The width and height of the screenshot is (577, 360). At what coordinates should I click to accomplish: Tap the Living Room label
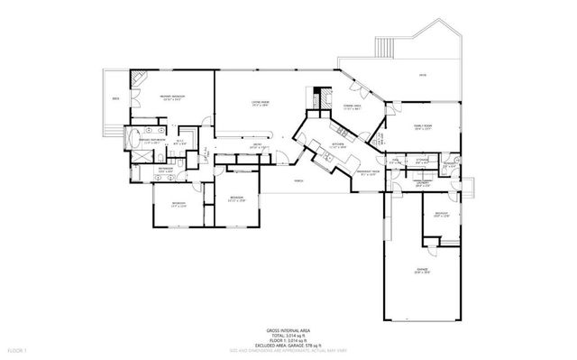[261, 103]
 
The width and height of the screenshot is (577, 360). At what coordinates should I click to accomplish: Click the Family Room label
[423, 126]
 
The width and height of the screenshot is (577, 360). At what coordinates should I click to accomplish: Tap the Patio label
[422, 76]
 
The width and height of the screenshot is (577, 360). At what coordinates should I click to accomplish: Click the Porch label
[297, 180]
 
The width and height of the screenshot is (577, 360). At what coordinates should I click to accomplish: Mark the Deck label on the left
[114, 97]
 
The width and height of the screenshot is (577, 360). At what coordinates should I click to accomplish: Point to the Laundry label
[420, 183]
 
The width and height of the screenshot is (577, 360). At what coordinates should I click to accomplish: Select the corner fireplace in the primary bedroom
[136, 79]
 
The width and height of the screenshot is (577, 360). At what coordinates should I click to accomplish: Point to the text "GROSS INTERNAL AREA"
[288, 330]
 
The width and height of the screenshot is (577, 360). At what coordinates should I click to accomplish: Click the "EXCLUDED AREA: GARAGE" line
[288, 346]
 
